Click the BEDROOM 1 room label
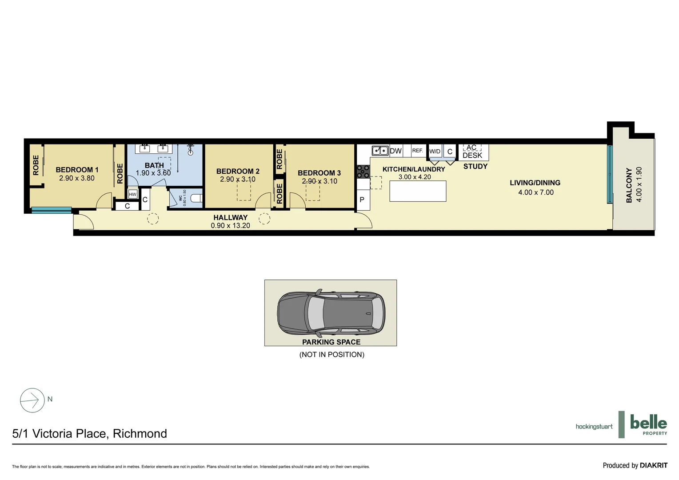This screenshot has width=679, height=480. point(77,169)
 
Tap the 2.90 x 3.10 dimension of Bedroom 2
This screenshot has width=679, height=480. point(237,180)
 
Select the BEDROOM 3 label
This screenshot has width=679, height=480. point(319,173)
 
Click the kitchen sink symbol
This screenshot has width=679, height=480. point(380,151)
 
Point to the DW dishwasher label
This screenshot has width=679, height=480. point(395,151)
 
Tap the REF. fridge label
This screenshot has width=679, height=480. point(417,151)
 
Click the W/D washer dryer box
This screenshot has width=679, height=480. point(435,152)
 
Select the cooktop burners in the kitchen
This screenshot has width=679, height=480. point(363,171)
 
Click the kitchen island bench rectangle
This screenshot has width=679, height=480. point(418,191)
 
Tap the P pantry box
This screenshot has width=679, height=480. point(362,200)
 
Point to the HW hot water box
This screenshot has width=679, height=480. point(132,195)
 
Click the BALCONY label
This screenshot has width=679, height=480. point(629,185)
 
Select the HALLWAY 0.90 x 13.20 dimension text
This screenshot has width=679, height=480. point(230,225)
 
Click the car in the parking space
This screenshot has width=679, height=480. point(331,313)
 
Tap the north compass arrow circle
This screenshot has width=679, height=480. point(32,400)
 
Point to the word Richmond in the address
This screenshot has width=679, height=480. point(140,434)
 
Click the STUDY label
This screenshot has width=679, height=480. point(475,166)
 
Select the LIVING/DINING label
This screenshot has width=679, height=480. point(535,183)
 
